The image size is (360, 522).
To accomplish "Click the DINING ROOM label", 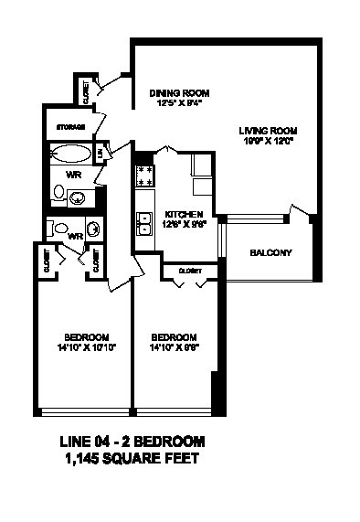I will coord(180,93).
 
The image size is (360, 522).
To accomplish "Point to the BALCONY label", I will coord(270,252).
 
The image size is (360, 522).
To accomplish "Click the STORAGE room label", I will coord(70,126).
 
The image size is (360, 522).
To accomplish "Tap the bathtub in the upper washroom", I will coord(72,153).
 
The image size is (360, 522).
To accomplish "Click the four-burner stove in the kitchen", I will coord(144,175).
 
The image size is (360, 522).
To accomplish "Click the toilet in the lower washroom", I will coord(60,228).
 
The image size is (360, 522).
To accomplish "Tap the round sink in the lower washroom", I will coord(93,229).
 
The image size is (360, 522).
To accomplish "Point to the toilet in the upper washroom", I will coord(58,193).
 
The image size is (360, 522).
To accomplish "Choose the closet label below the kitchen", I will coord(190,271).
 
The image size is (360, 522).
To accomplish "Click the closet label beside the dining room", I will coord(85,91).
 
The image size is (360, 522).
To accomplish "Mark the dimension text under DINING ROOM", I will coord(180,103).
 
